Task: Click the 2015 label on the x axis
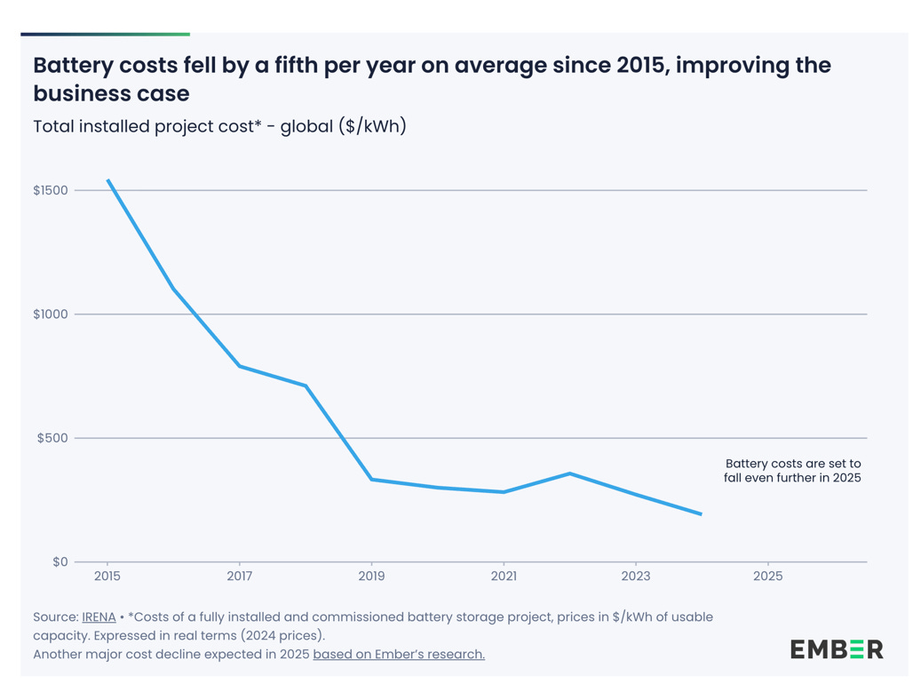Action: [x=107, y=576]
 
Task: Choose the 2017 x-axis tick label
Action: [x=239, y=576]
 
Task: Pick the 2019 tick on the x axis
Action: [x=371, y=576]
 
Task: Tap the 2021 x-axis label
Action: [x=504, y=576]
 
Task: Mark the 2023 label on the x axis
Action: [x=636, y=576]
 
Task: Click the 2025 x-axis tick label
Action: [x=768, y=576]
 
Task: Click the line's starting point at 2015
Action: [x=107, y=180]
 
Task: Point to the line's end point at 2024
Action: [x=702, y=514]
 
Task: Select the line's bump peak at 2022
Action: [x=570, y=473]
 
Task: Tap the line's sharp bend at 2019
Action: [x=371, y=480]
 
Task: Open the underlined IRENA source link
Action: [x=99, y=616]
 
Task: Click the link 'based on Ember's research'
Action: [x=399, y=655]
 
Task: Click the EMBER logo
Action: [x=837, y=649]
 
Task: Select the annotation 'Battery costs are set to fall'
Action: [x=792, y=471]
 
